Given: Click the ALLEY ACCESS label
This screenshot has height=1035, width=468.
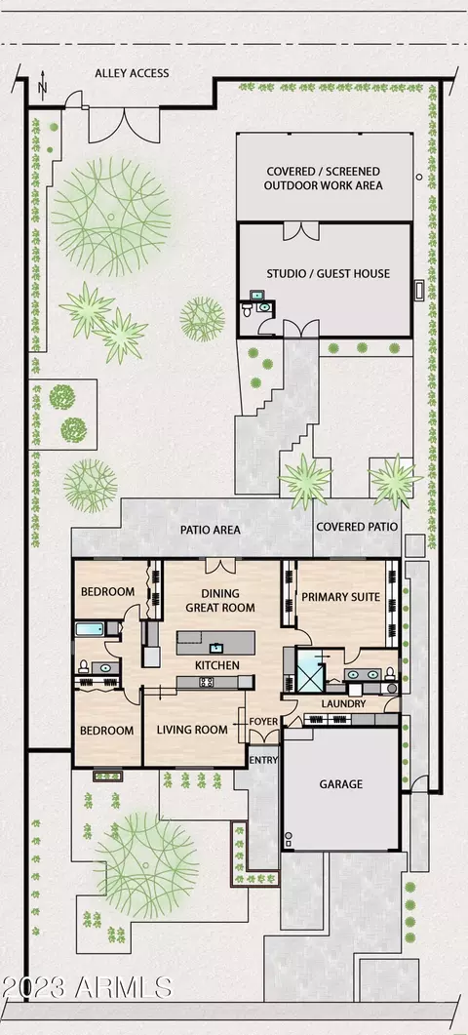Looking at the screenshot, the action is tap(132, 73).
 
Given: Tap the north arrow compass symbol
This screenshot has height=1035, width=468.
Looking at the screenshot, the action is tap(42, 85).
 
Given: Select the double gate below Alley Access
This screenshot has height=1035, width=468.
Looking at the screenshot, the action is tap(124, 125).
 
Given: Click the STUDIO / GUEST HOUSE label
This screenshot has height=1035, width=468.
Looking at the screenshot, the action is tap(328, 273).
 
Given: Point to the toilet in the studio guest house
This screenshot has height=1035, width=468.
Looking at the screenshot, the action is tap(247, 309).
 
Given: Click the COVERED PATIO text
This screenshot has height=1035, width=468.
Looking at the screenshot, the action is tap(357, 527).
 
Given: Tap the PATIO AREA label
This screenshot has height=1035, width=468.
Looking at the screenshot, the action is tap(211, 530).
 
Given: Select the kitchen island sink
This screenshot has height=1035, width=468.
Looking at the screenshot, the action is tap(215, 647).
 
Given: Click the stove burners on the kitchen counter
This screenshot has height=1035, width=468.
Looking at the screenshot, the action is tap(206, 683).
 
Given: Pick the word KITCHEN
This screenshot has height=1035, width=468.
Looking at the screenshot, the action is tap(216, 665).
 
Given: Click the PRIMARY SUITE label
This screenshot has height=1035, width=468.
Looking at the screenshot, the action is tap(340, 597).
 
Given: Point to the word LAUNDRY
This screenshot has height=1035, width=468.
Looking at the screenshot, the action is tap(343, 703).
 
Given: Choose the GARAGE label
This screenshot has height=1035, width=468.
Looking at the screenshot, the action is tap(341, 784).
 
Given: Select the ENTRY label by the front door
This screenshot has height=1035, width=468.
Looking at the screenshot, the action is tap(263, 761).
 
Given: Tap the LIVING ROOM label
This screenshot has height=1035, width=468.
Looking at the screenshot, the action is tap(192, 730).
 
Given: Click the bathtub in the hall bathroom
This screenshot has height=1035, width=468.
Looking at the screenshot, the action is tap(91, 628).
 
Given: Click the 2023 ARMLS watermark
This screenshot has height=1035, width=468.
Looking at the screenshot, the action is tap(87, 987).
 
